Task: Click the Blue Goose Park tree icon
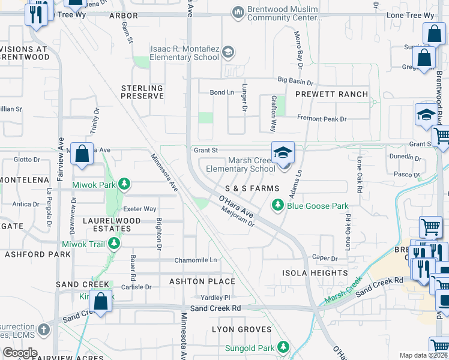[277, 206]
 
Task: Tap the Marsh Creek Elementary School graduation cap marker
[283, 153]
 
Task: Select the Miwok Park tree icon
[124, 184]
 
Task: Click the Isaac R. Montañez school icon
[228, 53]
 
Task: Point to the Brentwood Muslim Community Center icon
[239, 11]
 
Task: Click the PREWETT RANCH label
[331, 94]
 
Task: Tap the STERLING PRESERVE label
[142, 92]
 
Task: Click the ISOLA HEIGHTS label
[315, 273]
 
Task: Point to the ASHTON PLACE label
[202, 281]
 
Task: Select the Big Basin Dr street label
[295, 81]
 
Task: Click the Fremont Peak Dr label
[322, 119]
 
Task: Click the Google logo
[20, 353]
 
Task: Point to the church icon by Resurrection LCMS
[43, 329]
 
